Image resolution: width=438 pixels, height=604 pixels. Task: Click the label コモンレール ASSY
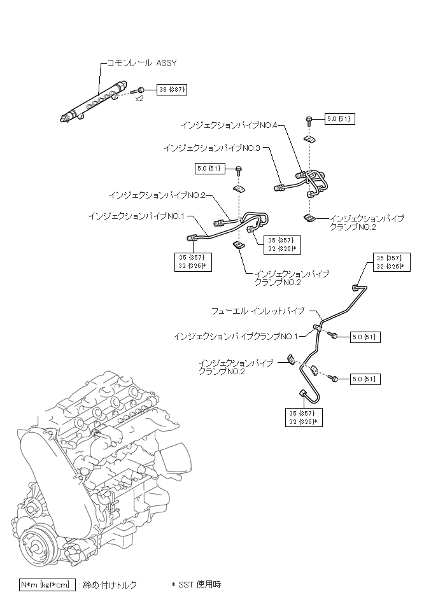[x=141, y=63]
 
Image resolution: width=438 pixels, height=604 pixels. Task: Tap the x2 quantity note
[x=139, y=99]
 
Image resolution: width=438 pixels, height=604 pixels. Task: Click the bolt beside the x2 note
[x=137, y=91]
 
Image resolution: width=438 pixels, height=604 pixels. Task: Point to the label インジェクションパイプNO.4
[x=229, y=125]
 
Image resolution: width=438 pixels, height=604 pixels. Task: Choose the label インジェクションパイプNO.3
[x=212, y=148]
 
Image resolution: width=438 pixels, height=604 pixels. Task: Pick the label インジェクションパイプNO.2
[x=157, y=195]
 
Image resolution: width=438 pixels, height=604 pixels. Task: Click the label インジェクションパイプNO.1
[x=137, y=216]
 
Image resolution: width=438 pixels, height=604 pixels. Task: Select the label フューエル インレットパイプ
[x=258, y=311]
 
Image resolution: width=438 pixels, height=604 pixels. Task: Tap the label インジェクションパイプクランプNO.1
[x=236, y=336]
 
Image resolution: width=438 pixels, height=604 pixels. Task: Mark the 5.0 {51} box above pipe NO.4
[x=339, y=118]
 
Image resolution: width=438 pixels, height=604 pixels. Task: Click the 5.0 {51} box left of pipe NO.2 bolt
[x=210, y=168]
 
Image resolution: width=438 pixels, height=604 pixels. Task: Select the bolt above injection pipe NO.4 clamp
[x=309, y=120]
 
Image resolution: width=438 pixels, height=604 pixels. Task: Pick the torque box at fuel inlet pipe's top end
[x=392, y=262]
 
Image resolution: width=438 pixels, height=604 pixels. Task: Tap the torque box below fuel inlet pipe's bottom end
[x=304, y=418]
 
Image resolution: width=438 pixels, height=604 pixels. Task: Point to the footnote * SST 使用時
[x=196, y=584]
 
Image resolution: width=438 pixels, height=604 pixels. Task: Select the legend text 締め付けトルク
[x=110, y=585]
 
